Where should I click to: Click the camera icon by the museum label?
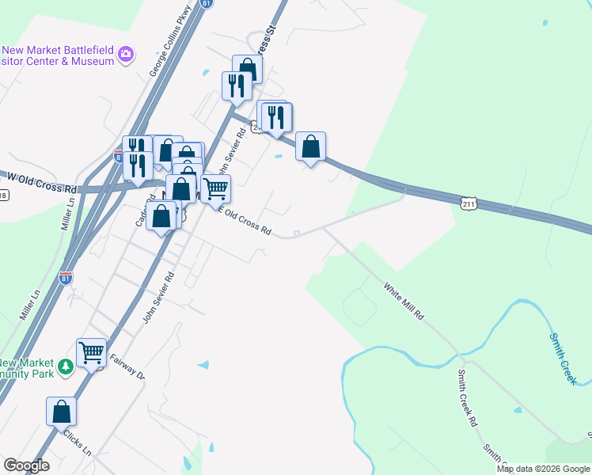(x=125, y=54)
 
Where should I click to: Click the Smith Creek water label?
(x=563, y=358)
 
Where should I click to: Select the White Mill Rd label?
(x=404, y=301)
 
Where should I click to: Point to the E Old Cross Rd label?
(x=245, y=222)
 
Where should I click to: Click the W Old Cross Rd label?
(x=40, y=181)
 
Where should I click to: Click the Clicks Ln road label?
(x=78, y=443)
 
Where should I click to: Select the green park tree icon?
(x=66, y=367)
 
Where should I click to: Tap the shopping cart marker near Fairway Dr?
(x=91, y=351)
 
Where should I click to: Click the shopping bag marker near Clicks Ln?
(x=61, y=411)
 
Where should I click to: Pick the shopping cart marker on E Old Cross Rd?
(x=215, y=188)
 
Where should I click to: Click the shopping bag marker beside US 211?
(x=311, y=145)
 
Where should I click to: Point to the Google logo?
(x=25, y=465)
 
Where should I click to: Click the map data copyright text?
(x=543, y=469)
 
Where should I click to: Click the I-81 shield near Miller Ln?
(x=66, y=278)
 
